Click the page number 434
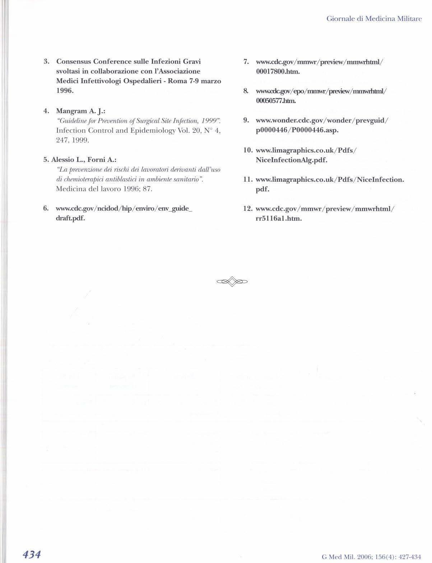click(x=32, y=554)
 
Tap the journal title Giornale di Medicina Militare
click(x=374, y=19)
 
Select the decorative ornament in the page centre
click(x=232, y=281)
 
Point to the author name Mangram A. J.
click(x=80, y=111)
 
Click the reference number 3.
click(x=46, y=62)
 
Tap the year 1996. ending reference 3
click(x=65, y=91)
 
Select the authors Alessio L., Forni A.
click(x=84, y=159)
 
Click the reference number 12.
click(x=248, y=209)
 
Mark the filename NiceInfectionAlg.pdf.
click(x=291, y=160)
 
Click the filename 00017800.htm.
click(x=278, y=71)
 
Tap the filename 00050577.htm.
click(x=276, y=101)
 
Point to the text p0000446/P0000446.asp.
click(x=297, y=130)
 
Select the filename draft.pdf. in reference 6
click(x=70, y=218)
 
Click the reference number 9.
click(x=246, y=120)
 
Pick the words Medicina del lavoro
click(x=85, y=189)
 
